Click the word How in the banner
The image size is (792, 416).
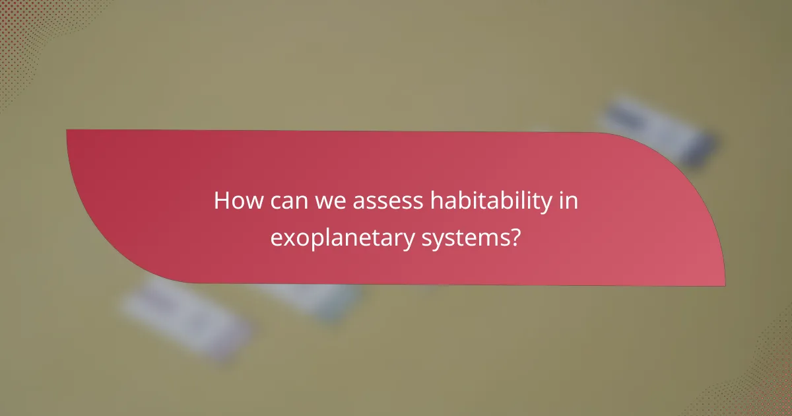coord(235,201)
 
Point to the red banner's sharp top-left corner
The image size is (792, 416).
coord(68,131)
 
